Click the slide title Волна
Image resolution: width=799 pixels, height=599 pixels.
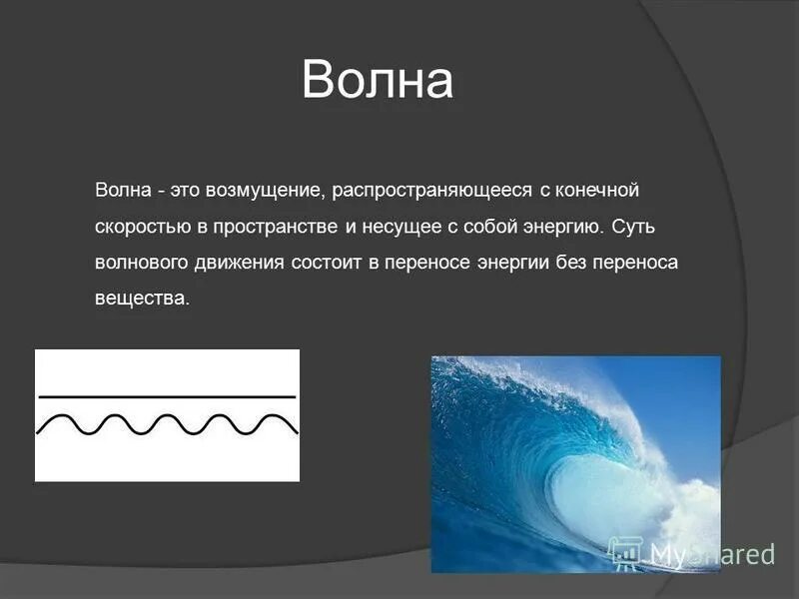pos(378,81)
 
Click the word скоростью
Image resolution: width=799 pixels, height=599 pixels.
pos(143,227)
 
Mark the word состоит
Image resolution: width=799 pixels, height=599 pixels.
pos(340,263)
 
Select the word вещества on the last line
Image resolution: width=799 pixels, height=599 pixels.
pos(141,299)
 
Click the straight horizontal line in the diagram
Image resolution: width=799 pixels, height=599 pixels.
pos(167,396)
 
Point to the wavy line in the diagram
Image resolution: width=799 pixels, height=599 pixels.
pos(167,424)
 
